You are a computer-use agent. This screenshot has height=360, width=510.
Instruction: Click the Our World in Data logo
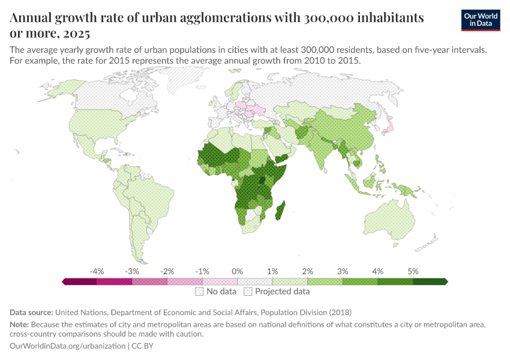tap(481, 20)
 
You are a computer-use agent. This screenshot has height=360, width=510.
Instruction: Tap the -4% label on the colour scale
tap(97, 271)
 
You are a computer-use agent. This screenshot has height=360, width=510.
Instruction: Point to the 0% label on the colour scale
tap(238, 271)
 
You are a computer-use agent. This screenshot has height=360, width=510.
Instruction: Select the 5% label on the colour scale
tap(413, 271)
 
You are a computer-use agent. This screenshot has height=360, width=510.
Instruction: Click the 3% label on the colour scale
tap(343, 271)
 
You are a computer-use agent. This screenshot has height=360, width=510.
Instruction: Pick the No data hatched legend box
tap(199, 292)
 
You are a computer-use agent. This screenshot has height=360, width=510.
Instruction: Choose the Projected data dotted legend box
tap(248, 292)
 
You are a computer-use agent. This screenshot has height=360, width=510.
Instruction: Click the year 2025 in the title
tap(78, 34)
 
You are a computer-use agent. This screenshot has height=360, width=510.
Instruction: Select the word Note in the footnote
tap(20, 325)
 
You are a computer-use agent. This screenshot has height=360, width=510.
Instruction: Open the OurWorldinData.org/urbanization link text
tap(68, 346)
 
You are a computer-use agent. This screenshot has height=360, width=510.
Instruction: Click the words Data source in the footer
tap(31, 313)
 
